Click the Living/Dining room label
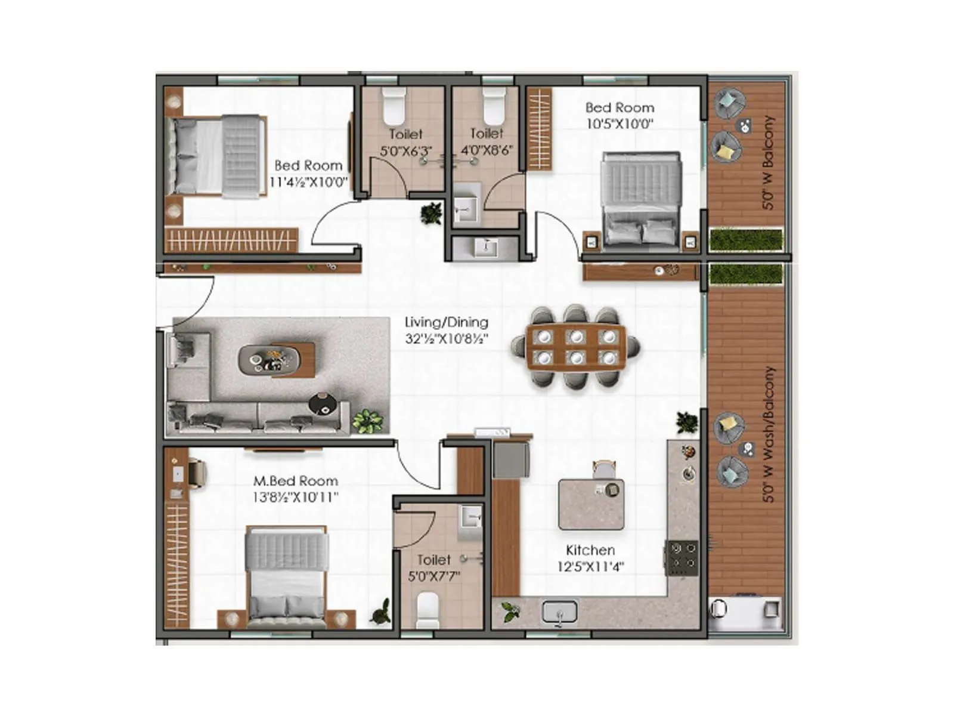click(x=446, y=322)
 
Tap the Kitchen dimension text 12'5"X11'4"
click(x=590, y=567)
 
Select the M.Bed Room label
click(x=296, y=481)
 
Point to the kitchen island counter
click(x=591, y=505)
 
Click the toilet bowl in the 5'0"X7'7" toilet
click(x=427, y=610)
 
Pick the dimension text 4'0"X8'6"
click(x=487, y=150)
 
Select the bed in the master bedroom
click(x=287, y=576)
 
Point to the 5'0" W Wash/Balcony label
click(x=770, y=434)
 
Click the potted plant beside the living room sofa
click(x=367, y=420)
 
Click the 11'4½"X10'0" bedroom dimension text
click(x=308, y=182)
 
